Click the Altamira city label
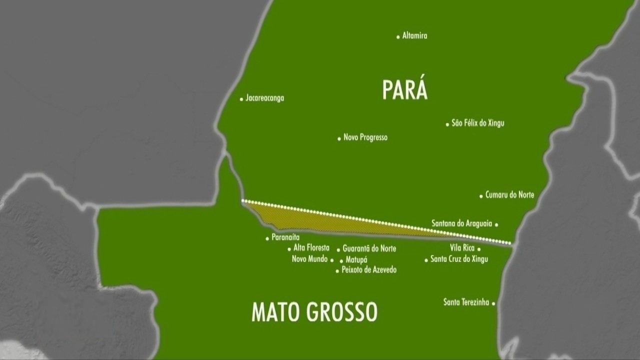click(414, 36)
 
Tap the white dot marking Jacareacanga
click(241, 98)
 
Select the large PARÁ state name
click(404, 90)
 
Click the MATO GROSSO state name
click(314, 311)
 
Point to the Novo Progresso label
click(365, 137)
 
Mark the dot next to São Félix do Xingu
click(447, 124)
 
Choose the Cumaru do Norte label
click(509, 195)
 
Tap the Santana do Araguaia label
click(461, 223)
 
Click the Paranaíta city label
click(285, 237)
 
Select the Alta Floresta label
click(311, 248)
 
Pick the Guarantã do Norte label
click(369, 248)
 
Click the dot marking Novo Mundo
click(331, 260)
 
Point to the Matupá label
click(356, 260)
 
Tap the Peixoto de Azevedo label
click(369, 270)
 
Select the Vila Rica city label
click(462, 248)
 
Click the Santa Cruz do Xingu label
click(459, 259)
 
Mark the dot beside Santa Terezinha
click(493, 303)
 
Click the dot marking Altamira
click(398, 36)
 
